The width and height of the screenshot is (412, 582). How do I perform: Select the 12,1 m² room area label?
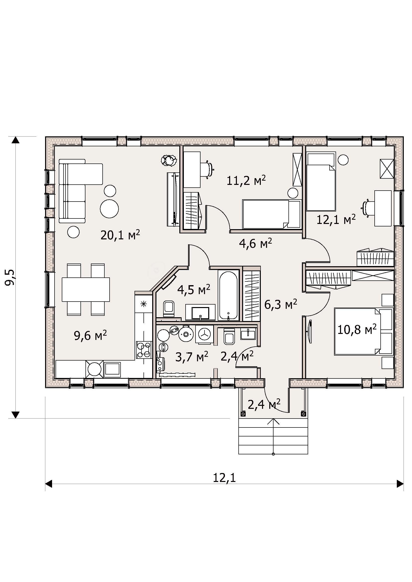[336, 219]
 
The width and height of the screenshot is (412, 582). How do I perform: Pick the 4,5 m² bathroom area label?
[194, 290]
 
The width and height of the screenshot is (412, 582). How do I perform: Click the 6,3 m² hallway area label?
[280, 304]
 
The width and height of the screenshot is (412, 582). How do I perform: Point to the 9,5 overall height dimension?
[11, 278]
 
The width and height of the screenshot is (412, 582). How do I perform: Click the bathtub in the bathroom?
[228, 296]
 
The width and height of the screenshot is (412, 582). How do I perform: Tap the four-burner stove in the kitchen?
[143, 350]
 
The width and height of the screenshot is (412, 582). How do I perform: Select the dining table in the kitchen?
[86, 289]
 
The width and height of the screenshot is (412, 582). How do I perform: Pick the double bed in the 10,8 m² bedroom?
[363, 331]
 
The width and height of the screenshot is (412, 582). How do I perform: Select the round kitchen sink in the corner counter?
[94, 369]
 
